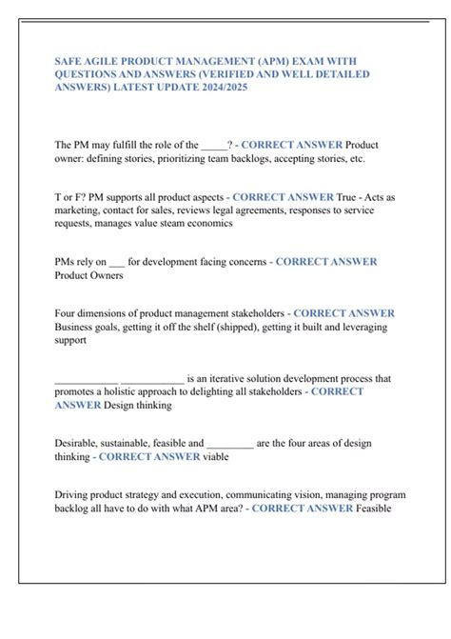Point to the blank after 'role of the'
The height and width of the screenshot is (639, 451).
213,145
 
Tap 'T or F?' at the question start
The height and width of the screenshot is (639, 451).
71,197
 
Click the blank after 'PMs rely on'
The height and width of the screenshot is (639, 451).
117,262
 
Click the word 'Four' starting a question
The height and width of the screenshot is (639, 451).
67,313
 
